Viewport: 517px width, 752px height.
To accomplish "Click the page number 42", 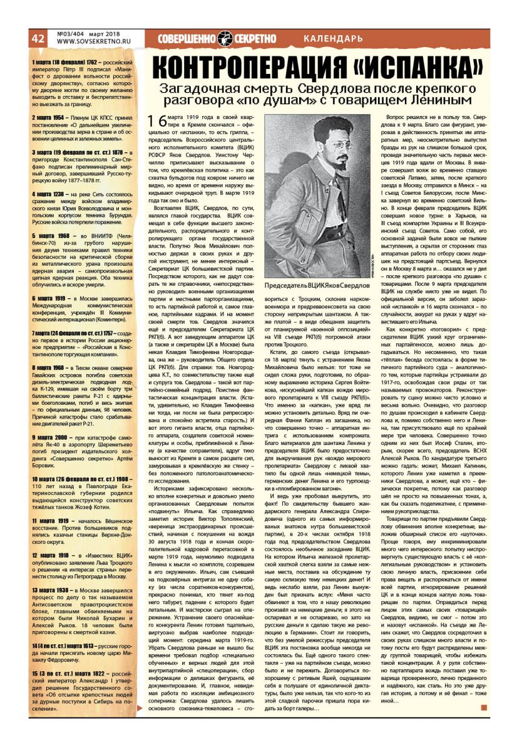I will click(38, 38).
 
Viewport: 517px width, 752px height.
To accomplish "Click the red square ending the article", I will click(484, 708).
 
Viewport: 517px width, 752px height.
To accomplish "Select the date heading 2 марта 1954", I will click(52, 117).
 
